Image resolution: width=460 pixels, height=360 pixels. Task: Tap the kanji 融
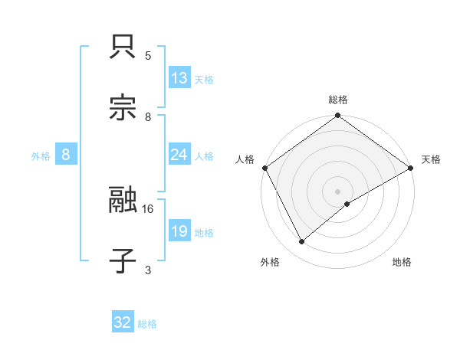click(x=123, y=201)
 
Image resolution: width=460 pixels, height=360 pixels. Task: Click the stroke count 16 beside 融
click(x=149, y=208)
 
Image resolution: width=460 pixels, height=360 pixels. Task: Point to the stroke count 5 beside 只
click(x=148, y=55)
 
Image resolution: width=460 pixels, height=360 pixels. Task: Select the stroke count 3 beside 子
click(x=148, y=270)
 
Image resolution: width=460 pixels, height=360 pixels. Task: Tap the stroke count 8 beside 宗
click(x=148, y=116)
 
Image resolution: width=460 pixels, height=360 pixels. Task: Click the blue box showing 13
click(x=179, y=78)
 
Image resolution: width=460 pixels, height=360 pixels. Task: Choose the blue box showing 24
click(x=179, y=155)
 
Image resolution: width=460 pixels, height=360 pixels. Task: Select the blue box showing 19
click(x=179, y=231)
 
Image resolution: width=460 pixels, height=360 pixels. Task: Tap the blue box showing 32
click(x=123, y=322)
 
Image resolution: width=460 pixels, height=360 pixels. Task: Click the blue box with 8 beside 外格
click(x=66, y=155)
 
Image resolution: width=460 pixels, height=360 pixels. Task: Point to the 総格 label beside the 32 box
click(x=147, y=324)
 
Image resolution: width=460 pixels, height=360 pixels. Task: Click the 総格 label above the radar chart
click(x=337, y=100)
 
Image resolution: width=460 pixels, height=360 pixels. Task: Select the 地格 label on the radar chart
click(x=402, y=262)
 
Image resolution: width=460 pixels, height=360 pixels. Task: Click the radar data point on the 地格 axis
click(x=347, y=204)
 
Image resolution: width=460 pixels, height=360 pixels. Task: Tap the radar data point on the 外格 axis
click(x=302, y=241)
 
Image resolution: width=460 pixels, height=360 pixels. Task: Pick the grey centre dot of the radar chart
click(x=337, y=191)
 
